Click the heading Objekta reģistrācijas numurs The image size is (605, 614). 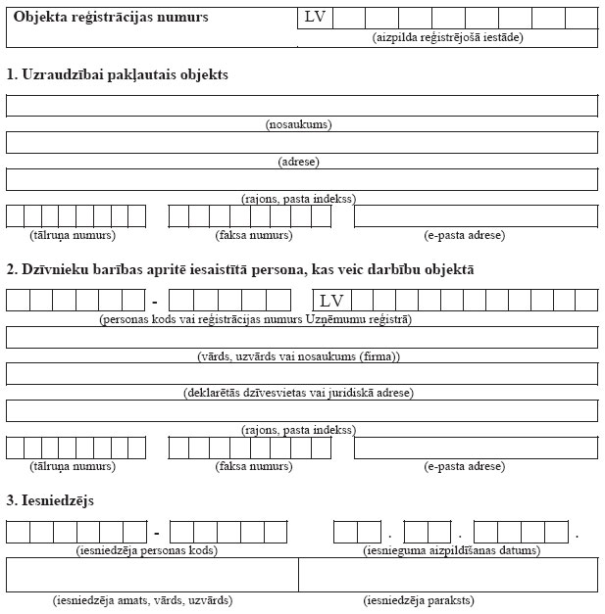[x=111, y=18]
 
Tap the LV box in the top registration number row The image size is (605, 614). [x=315, y=18]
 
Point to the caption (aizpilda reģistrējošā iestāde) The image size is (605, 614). [x=447, y=37]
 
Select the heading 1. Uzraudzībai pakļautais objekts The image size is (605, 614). [x=118, y=74]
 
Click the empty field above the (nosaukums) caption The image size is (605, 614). [x=301, y=106]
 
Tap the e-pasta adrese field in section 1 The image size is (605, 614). [x=476, y=215]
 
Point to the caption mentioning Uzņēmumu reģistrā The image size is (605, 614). [x=256, y=319]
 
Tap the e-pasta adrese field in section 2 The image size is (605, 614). [x=476, y=448]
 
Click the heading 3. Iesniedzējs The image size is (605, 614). [x=62, y=500]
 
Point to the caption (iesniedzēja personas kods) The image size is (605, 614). [x=146, y=550]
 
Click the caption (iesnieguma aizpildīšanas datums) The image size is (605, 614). [x=451, y=550]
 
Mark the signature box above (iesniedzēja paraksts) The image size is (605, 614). [x=448, y=575]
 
